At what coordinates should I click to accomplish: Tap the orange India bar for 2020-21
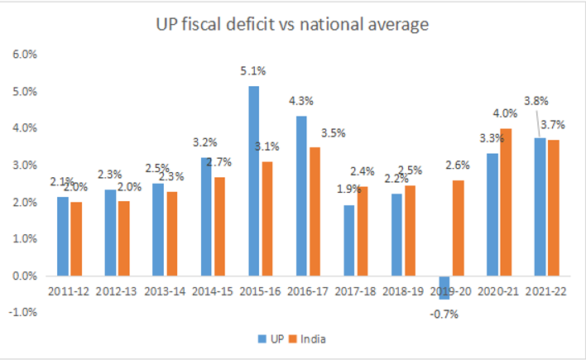[506, 202]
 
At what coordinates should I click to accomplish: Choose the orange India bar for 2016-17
[315, 211]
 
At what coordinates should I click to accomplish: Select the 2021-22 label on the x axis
[547, 290]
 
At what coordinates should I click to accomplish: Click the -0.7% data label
[444, 313]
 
